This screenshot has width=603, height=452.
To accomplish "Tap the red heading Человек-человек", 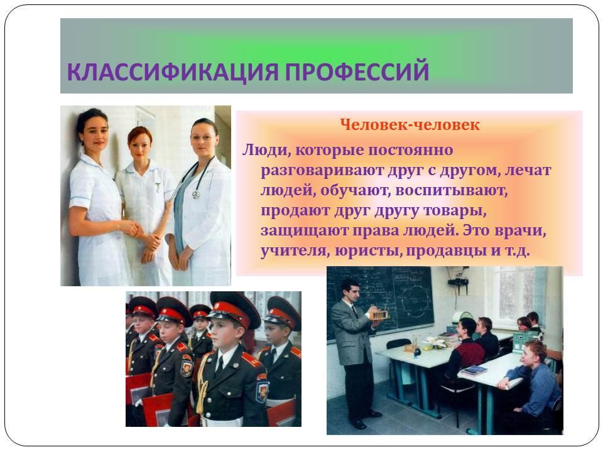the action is pyautogui.click(x=410, y=124).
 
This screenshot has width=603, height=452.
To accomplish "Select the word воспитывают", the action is pyautogui.click(x=452, y=191).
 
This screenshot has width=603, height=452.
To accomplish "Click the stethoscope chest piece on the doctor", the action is pyautogui.click(x=196, y=195).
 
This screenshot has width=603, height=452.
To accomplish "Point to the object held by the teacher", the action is pyautogui.click(x=378, y=315).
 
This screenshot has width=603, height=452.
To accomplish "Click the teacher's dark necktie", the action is pyautogui.click(x=355, y=311).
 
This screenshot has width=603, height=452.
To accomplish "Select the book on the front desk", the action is pyautogui.click(x=474, y=371).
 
